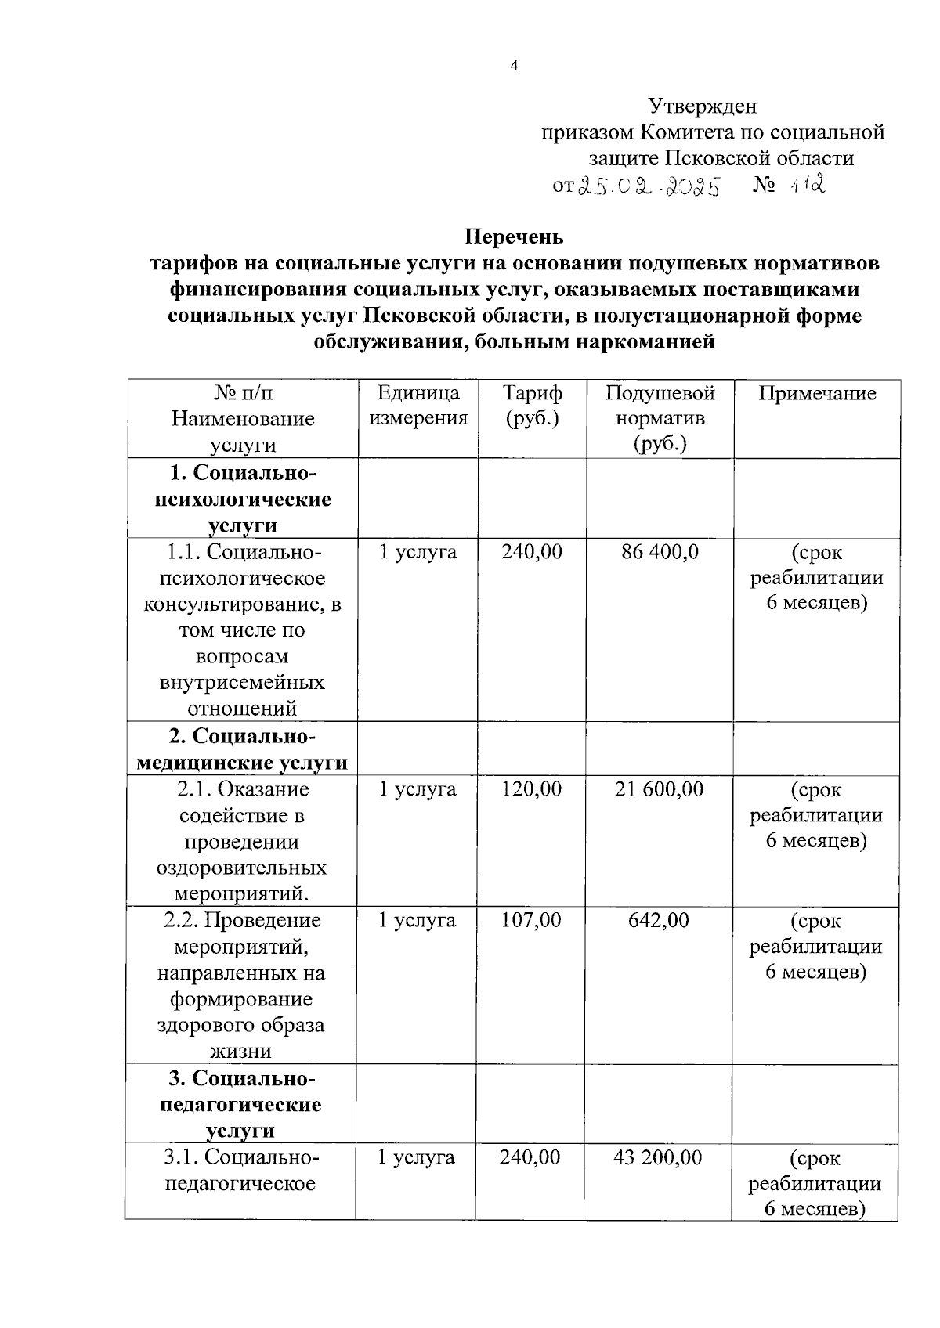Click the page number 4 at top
[514, 67]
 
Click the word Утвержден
[702, 105]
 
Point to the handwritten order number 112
[808, 186]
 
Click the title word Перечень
[514, 236]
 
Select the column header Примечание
[817, 393]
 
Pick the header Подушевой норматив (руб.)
[660, 418]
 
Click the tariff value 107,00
[531, 920]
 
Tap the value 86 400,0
[660, 552]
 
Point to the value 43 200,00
[657, 1157]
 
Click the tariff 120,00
[531, 789]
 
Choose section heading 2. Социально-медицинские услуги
[242, 749]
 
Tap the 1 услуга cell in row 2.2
[417, 920]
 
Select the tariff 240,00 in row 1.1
[532, 552]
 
